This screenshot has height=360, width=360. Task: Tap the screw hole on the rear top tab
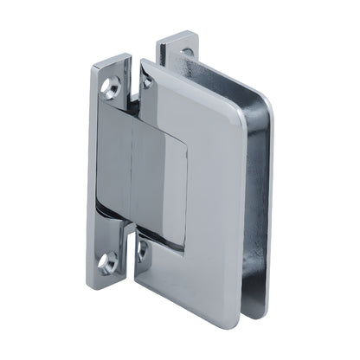pyautogui.click(x=185, y=53)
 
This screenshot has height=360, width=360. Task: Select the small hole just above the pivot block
pyautogui.click(x=145, y=82)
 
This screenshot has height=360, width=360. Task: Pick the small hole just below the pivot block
pyautogui.click(x=142, y=252)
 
